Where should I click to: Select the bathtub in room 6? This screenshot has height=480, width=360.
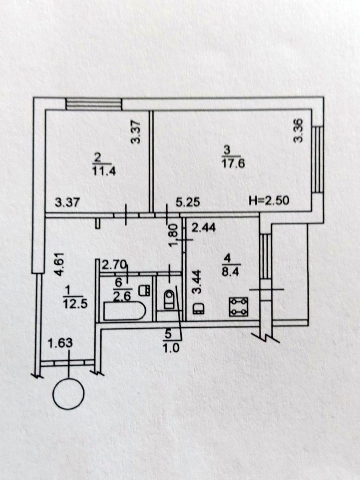click(123, 312)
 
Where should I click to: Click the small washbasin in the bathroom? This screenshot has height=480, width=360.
click(145, 290)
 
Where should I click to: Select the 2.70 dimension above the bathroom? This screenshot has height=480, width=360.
click(114, 264)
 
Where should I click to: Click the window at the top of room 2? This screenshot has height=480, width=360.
click(93, 104)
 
